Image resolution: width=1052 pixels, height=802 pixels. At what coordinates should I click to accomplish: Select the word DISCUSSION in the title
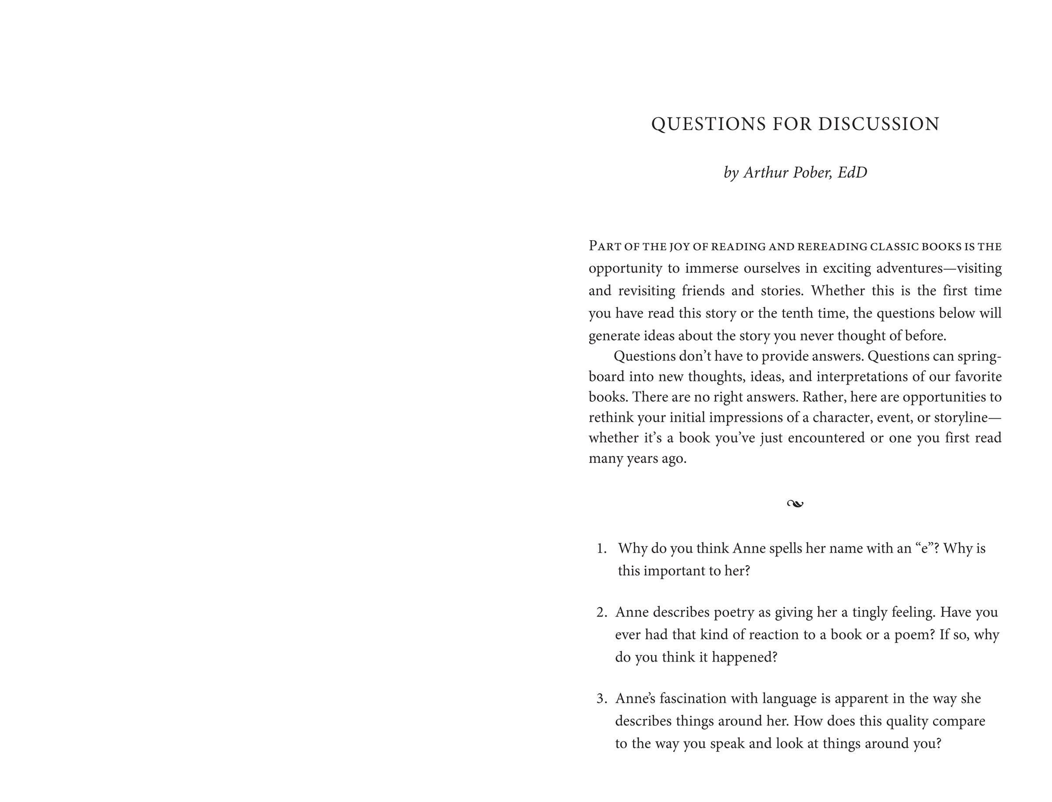(x=879, y=124)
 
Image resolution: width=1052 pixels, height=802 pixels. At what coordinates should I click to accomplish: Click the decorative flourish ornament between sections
(x=795, y=504)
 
